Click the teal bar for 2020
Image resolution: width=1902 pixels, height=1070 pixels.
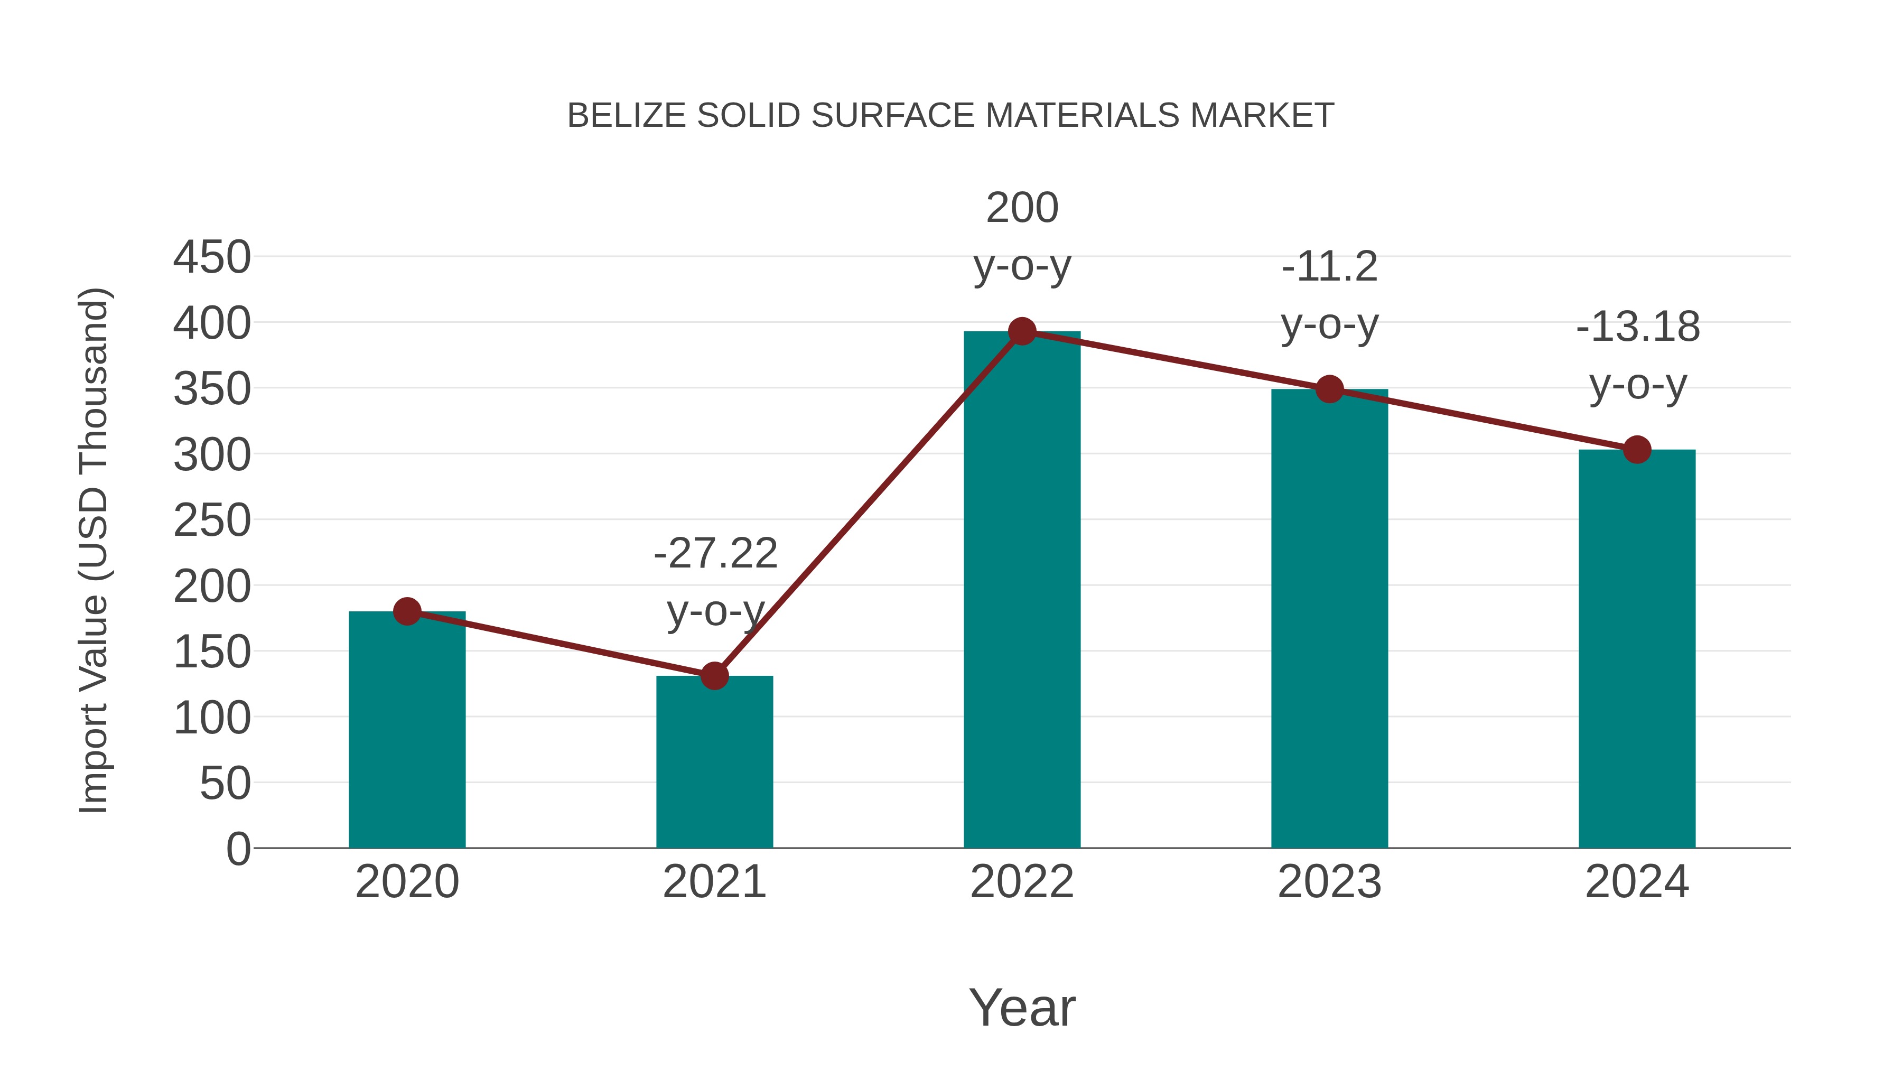[x=407, y=731]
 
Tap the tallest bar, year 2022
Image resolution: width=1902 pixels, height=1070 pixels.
[x=1022, y=591]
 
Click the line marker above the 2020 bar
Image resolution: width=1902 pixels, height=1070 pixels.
[x=407, y=611]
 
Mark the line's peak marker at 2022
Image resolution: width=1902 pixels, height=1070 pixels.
[x=1022, y=331]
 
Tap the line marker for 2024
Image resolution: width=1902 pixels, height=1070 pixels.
[x=1637, y=449]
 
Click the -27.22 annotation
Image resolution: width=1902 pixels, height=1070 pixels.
[x=715, y=554]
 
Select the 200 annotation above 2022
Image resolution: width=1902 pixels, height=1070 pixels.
[x=1022, y=208]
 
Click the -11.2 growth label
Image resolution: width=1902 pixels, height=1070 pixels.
[x=1329, y=267]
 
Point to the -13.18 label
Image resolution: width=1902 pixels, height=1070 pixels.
[x=1637, y=327]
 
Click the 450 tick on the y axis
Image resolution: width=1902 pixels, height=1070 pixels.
[x=212, y=258]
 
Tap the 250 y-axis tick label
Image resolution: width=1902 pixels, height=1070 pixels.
[x=212, y=520]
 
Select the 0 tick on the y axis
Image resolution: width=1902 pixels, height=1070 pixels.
[x=238, y=849]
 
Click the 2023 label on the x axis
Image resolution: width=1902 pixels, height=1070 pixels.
[x=1329, y=882]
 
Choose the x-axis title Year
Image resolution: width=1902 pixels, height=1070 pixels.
[x=1022, y=1007]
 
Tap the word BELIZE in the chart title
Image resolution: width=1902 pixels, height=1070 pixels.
[x=626, y=116]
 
